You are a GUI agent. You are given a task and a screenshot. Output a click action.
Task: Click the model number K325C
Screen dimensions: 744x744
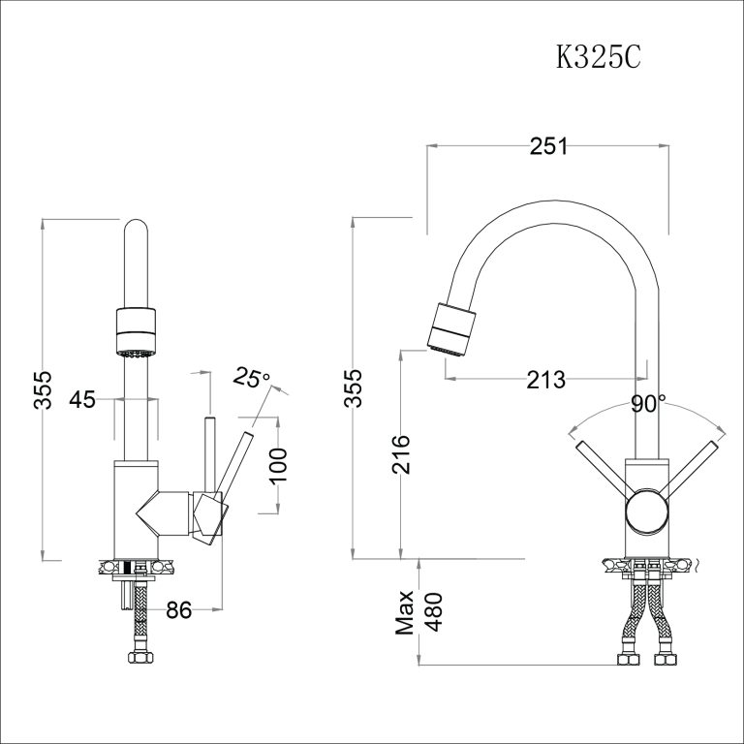(x=598, y=57)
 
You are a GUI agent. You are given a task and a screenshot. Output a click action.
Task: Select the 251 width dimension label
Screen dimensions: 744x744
(x=547, y=146)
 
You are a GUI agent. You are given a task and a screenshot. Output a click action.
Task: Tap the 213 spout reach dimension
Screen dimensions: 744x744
(x=545, y=380)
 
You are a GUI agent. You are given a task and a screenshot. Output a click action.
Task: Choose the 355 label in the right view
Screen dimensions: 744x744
(x=355, y=388)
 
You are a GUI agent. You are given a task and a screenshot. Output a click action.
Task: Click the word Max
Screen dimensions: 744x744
(x=406, y=612)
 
